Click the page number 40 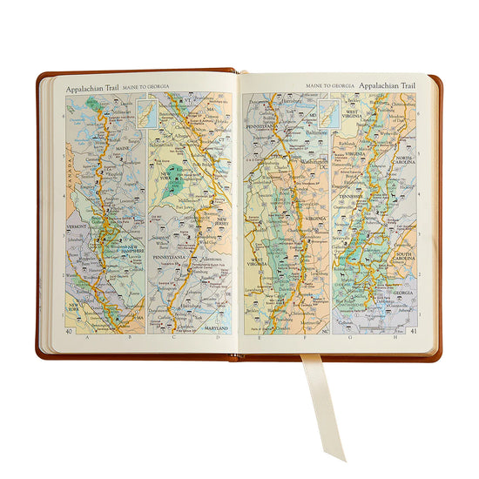click(x=69, y=331)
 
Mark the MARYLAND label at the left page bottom click(x=214, y=328)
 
